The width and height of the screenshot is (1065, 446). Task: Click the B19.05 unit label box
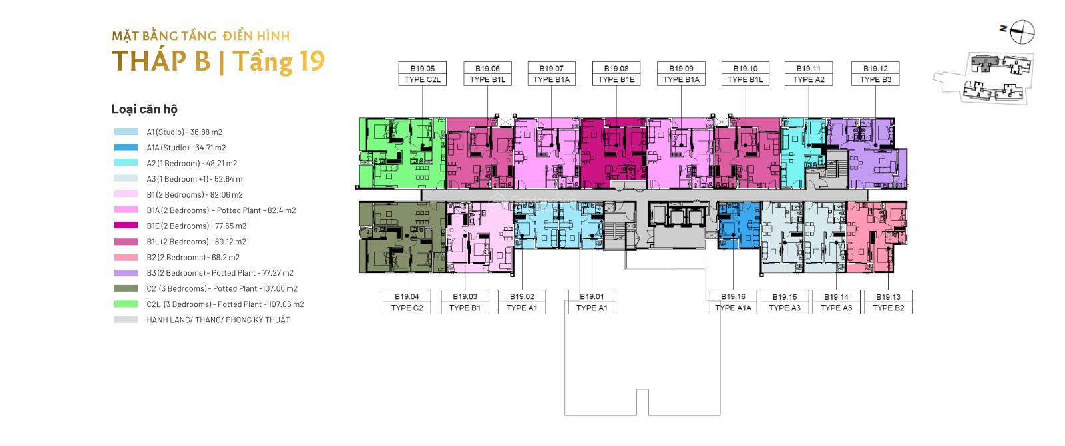click(422, 74)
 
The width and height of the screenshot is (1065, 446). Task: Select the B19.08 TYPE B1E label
click(616, 74)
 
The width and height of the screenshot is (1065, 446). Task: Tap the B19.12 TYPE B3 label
click(875, 74)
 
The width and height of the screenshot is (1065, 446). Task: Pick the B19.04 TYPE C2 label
click(407, 302)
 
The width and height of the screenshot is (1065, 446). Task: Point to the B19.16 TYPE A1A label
click(733, 302)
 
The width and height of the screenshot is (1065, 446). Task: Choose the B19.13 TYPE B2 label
click(888, 302)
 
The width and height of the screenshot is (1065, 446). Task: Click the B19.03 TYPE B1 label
click(465, 302)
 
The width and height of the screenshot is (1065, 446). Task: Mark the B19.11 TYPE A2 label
click(809, 74)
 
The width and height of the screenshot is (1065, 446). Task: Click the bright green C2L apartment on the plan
click(402, 153)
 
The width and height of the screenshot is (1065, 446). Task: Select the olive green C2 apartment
click(402, 237)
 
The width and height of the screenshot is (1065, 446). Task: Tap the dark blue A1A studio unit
click(739, 225)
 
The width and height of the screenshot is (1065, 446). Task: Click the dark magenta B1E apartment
click(614, 153)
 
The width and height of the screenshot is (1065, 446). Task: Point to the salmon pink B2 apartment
click(876, 237)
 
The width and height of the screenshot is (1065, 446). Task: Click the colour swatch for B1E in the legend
click(126, 226)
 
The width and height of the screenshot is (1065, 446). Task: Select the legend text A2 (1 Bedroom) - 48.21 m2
click(192, 163)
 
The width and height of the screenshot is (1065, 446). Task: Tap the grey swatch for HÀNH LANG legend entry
click(126, 320)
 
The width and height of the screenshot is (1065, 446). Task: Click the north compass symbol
click(1022, 33)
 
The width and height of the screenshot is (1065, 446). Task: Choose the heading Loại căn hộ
click(144, 109)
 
